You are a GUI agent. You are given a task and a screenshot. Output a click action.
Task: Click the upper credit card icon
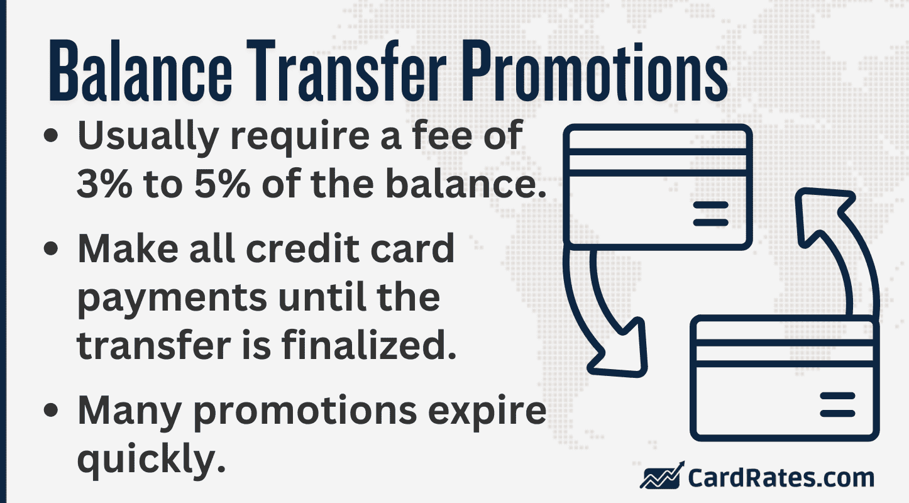click(x=657, y=187)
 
